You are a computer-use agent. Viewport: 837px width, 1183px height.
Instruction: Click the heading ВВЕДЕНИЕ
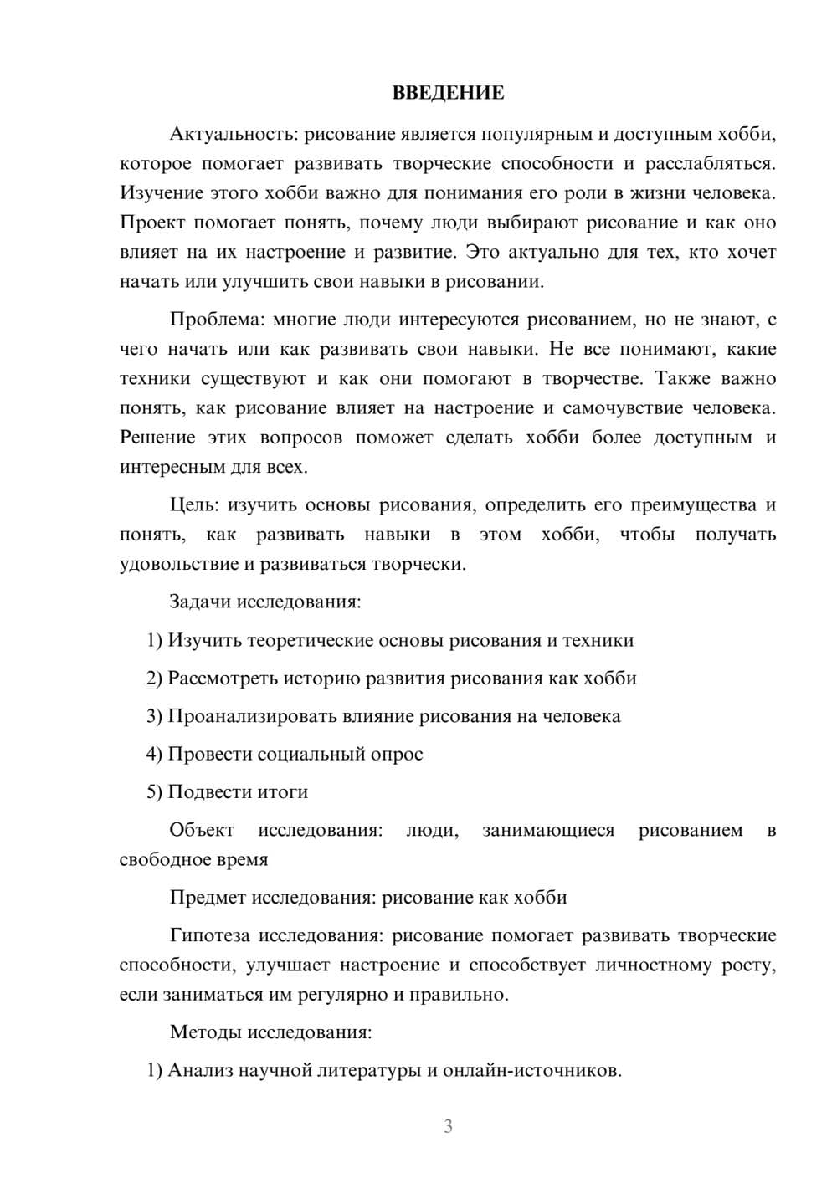click(x=448, y=93)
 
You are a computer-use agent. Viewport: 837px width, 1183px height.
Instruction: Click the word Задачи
click(x=200, y=602)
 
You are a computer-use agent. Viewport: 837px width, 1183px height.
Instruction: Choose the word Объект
click(x=202, y=830)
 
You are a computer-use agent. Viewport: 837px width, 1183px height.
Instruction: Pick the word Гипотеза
click(x=211, y=935)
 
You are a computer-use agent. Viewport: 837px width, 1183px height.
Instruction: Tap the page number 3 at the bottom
click(x=448, y=1126)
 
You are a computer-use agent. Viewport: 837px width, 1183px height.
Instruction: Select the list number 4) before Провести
click(x=154, y=754)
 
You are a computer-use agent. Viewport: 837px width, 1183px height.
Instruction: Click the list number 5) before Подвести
click(x=154, y=791)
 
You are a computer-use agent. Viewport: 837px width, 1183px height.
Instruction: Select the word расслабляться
click(x=711, y=163)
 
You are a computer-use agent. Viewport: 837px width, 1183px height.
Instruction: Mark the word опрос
click(x=397, y=754)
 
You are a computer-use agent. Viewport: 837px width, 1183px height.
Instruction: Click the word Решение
click(x=157, y=438)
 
